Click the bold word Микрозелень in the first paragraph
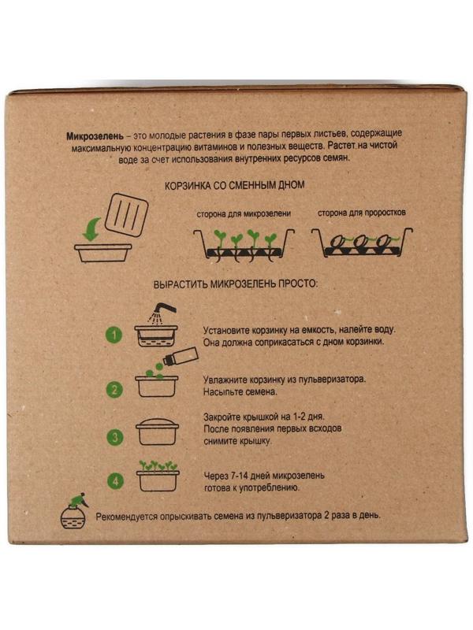tap(95, 136)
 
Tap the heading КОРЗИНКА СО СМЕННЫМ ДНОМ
tap(234, 186)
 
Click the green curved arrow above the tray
tap(92, 229)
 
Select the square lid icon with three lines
tap(126, 214)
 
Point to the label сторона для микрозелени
tap(244, 213)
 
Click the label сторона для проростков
tap(362, 213)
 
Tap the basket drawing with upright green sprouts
tap(244, 246)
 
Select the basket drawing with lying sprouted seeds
tap(362, 243)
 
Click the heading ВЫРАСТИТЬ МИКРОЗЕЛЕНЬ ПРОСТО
tap(235, 284)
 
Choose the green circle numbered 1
tap(114, 335)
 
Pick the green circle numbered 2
tap(114, 389)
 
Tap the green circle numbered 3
tap(115, 437)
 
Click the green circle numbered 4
tap(116, 480)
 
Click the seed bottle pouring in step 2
tap(181, 356)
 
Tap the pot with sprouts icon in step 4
tap(158, 476)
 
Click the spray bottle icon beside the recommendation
tap(73, 510)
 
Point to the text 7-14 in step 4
tap(239, 476)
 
